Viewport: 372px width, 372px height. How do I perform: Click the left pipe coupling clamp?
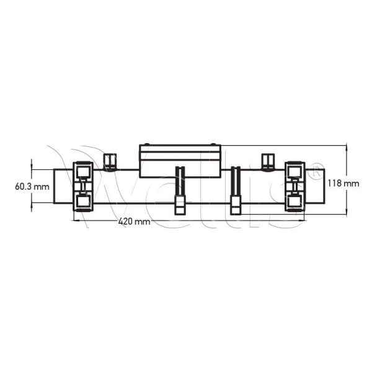tap(82, 186)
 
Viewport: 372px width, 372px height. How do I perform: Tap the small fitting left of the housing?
tap(110, 161)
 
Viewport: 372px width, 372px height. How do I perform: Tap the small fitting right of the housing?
tap(269, 161)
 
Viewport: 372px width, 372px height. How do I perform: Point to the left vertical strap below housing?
tap(180, 190)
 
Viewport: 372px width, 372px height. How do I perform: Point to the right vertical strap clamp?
tap(236, 190)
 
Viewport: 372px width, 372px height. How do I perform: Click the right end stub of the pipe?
tap(315, 188)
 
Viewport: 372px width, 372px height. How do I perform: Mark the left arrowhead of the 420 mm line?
tap(76, 217)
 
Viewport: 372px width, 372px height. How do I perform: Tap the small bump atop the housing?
tap(179, 144)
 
